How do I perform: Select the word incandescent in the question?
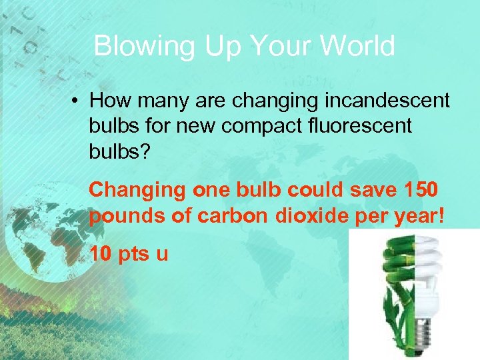tap(387, 101)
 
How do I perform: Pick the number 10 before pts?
tap(101, 254)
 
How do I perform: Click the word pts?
tap(133, 254)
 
